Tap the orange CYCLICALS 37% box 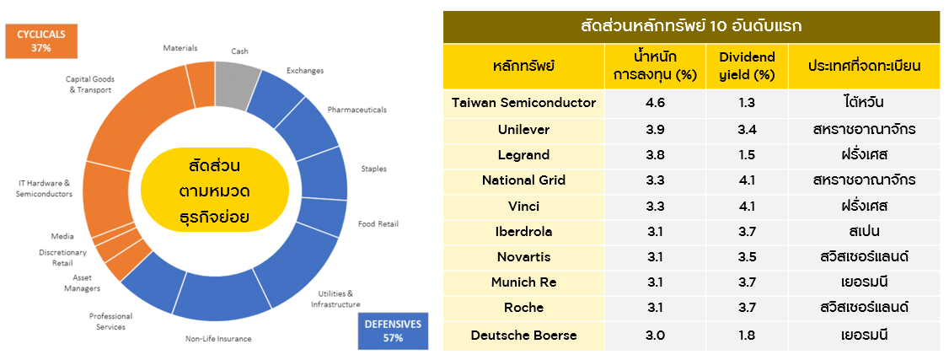(x=41, y=41)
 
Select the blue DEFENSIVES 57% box (x=393, y=331)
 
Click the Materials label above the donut (x=180, y=48)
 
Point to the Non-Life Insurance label (x=218, y=338)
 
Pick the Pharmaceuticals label (x=357, y=110)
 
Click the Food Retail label (x=378, y=224)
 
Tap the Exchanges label (x=305, y=70)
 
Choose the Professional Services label (x=110, y=321)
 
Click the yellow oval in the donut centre (x=214, y=190)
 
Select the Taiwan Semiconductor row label (x=524, y=103)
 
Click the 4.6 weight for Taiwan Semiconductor (x=656, y=103)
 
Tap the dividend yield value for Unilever (x=747, y=130)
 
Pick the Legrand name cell (x=524, y=155)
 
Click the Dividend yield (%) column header (x=747, y=66)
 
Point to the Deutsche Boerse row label (x=524, y=336)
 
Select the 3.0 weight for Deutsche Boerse (x=656, y=336)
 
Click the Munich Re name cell (x=524, y=282)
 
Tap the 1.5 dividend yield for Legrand (x=747, y=155)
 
